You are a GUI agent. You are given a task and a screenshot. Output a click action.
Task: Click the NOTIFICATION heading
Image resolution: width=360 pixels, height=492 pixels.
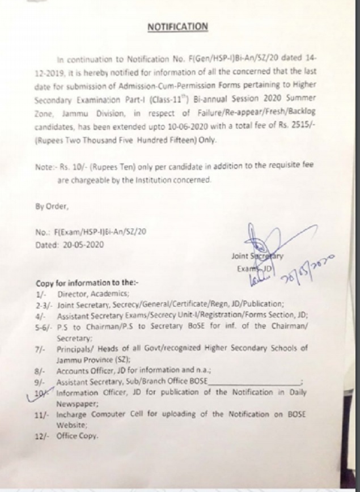point(177,27)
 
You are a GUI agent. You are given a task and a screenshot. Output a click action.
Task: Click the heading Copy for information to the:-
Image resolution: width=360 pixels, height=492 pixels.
point(87,283)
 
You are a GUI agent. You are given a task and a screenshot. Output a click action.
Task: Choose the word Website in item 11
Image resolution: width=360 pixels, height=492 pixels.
point(71,425)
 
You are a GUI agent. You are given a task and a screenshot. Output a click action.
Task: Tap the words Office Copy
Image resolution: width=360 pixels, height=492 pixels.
point(77,436)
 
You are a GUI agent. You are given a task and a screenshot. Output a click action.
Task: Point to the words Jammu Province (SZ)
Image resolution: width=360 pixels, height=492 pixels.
point(94,360)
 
